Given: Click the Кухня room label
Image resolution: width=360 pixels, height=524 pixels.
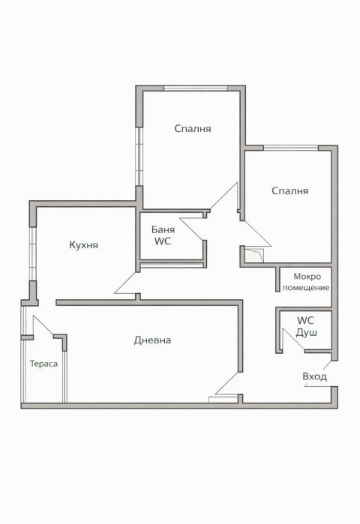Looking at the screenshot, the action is click(83, 245).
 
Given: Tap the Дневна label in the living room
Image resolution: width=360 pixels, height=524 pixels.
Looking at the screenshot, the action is click(152, 340).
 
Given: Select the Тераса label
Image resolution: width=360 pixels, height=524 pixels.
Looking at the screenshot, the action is click(43, 364).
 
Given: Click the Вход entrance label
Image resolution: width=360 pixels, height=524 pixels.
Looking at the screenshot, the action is click(314, 376).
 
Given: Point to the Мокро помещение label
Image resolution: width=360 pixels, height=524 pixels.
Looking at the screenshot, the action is click(306, 282).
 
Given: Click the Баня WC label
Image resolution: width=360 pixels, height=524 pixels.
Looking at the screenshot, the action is click(163, 235).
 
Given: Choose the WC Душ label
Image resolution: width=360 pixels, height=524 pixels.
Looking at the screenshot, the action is click(306, 327).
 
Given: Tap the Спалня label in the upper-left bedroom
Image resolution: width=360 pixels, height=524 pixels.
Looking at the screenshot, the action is click(193, 129).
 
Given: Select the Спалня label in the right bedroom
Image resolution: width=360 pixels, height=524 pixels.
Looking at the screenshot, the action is click(289, 191).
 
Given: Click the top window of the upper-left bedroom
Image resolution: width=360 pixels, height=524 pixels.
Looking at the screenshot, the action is click(196, 88).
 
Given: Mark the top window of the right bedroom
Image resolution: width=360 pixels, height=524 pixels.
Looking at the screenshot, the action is click(291, 148).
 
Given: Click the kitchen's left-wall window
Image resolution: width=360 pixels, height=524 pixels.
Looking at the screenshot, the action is click(32, 254).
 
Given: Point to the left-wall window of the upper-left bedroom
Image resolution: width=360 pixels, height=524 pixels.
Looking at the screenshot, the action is click(139, 157).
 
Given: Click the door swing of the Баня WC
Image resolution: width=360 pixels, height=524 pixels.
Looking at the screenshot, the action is click(192, 229).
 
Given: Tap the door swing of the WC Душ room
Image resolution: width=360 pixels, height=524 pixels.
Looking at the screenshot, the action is click(293, 340).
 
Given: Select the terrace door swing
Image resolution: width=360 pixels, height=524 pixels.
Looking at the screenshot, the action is click(43, 325).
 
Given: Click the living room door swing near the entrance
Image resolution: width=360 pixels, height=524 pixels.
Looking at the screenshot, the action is click(227, 384).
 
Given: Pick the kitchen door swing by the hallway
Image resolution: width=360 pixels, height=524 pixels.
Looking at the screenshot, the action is click(126, 283).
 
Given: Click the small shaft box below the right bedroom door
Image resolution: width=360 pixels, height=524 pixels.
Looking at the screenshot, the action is click(254, 256).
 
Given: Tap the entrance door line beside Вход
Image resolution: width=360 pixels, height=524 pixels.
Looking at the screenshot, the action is click(317, 386).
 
